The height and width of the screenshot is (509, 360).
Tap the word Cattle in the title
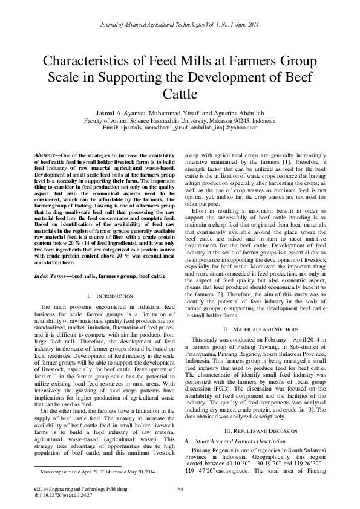tap(180, 95)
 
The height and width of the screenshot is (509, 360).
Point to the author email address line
tap(180, 128)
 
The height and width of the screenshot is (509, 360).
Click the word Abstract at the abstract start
tap(47, 156)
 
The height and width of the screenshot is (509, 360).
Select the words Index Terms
tap(48, 276)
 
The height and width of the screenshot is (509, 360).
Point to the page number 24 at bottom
tap(180, 488)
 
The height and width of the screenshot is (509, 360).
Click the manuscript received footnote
tap(97, 470)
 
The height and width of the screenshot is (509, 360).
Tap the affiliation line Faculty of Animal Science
tap(180, 120)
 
